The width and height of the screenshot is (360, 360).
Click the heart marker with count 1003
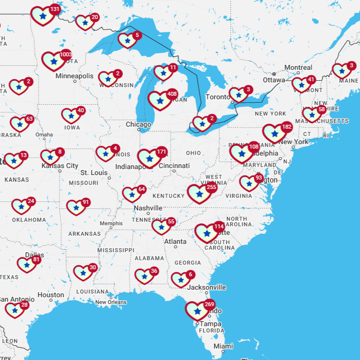[x=54, y=61]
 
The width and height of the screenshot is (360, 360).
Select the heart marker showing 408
[x=160, y=101]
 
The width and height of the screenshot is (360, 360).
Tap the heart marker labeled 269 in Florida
[x=197, y=311]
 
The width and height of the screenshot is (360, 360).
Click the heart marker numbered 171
[x=149, y=159]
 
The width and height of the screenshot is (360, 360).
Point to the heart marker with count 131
[x=43, y=16]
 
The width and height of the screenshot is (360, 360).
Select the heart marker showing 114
[x=206, y=233]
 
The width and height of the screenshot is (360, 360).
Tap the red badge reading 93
[x=258, y=178]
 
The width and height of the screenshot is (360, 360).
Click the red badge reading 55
[x=171, y=221]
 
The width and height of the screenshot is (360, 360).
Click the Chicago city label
[x=138, y=125]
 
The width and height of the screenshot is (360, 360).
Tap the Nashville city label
[x=148, y=208]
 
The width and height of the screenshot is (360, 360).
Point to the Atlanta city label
[x=176, y=242]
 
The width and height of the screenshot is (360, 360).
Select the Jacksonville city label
[x=206, y=287]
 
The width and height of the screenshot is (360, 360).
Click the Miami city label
[x=223, y=346]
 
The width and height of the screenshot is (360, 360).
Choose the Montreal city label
[x=298, y=68]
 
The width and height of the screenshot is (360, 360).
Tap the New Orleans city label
[x=111, y=302]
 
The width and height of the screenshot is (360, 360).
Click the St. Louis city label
[x=94, y=173]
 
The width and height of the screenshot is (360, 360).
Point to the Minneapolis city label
[x=74, y=76]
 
